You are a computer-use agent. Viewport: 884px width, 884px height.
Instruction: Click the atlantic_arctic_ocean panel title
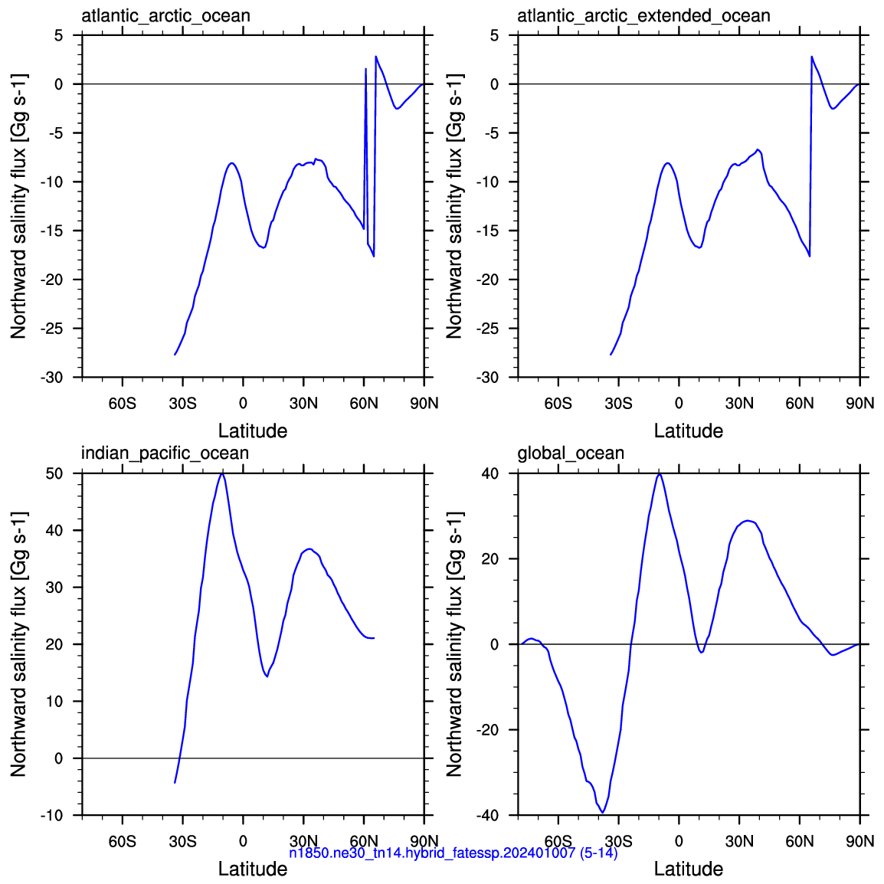(165, 16)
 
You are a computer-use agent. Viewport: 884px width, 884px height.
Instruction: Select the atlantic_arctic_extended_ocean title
(643, 16)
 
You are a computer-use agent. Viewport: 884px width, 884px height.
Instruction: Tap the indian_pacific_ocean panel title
(165, 453)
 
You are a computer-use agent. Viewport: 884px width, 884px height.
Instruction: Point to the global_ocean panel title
(571, 453)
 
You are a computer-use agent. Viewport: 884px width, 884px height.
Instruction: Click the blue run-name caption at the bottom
(453, 853)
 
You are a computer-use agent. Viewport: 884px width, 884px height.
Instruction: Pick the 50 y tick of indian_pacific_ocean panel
(55, 473)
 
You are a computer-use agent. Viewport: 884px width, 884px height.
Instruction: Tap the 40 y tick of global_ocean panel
(490, 473)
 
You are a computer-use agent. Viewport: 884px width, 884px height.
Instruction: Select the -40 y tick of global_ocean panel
(488, 815)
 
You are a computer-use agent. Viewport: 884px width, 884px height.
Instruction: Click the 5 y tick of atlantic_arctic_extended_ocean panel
(494, 35)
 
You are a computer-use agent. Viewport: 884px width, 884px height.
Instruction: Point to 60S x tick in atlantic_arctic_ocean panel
(123, 404)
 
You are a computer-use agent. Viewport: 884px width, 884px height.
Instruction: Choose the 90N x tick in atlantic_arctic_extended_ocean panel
(860, 404)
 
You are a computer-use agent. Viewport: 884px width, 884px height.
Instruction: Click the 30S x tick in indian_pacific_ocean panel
(182, 841)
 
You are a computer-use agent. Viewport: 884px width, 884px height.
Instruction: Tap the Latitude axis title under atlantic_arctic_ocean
(253, 431)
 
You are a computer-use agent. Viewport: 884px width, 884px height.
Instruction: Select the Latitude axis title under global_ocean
(689, 869)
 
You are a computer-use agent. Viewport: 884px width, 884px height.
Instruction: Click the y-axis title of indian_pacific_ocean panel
(18, 643)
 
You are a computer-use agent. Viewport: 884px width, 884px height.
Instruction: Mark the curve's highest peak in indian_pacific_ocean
(222, 474)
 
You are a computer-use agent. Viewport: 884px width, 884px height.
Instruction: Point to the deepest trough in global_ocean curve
(603, 813)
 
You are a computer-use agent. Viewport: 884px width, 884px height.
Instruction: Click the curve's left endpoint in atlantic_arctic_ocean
(175, 355)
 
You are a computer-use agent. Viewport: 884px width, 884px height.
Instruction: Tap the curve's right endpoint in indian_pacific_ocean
(374, 638)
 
